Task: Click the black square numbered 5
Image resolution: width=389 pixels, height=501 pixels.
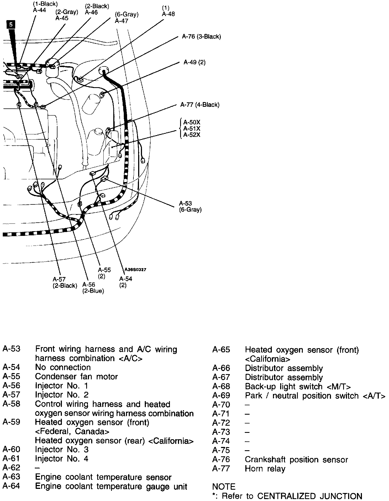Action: point(11,25)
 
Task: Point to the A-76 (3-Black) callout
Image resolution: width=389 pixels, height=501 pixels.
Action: point(201,36)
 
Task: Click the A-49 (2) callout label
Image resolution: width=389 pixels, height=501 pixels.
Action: point(195,62)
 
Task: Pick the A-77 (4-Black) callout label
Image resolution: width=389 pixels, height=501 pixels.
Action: point(200,105)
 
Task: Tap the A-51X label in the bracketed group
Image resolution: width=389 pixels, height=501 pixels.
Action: point(192,129)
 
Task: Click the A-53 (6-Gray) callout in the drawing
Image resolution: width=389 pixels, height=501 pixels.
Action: point(190,207)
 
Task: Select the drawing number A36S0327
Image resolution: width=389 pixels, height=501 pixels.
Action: point(135,270)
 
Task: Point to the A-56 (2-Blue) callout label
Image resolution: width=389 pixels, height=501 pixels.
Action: point(93,288)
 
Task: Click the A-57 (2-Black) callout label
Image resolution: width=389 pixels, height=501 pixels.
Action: point(65,283)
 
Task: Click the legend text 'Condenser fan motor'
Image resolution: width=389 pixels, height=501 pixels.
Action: point(77,377)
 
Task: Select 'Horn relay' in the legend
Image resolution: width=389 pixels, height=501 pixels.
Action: point(265,469)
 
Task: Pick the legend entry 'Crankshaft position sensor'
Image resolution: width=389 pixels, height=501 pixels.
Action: point(296,460)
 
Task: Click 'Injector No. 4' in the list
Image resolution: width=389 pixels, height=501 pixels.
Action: point(62,459)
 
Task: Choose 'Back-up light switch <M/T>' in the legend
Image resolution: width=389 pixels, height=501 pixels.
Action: point(298,387)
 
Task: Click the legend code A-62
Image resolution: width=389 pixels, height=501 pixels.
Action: point(11,468)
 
